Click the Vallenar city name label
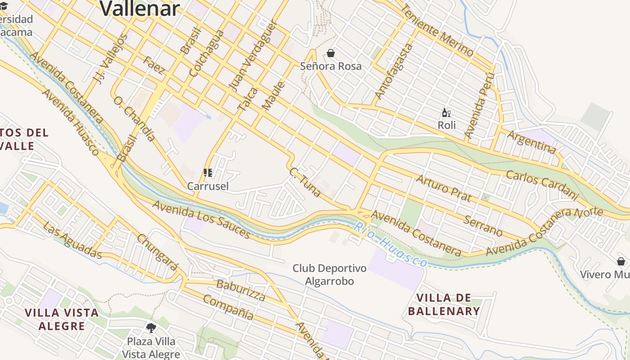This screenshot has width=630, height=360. (x=139, y=8)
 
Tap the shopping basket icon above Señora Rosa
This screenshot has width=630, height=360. (x=331, y=54)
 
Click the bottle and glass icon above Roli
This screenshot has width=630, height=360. (x=446, y=113)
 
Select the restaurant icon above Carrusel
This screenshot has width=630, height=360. (x=207, y=173)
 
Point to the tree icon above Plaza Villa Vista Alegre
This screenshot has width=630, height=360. (x=151, y=328)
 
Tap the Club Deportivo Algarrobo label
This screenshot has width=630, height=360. (x=329, y=275)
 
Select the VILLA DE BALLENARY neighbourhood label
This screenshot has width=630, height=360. (x=444, y=305)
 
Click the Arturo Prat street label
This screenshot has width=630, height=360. (x=443, y=188)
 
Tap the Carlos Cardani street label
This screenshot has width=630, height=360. (x=541, y=185)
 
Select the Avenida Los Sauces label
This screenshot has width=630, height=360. (x=201, y=219)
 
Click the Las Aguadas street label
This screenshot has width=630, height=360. (x=72, y=240)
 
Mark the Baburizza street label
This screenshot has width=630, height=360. (x=241, y=290)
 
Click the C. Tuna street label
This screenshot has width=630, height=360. (x=305, y=182)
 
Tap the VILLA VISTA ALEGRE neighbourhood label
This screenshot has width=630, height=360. (x=62, y=319)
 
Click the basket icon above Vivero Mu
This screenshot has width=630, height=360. (x=621, y=261)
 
